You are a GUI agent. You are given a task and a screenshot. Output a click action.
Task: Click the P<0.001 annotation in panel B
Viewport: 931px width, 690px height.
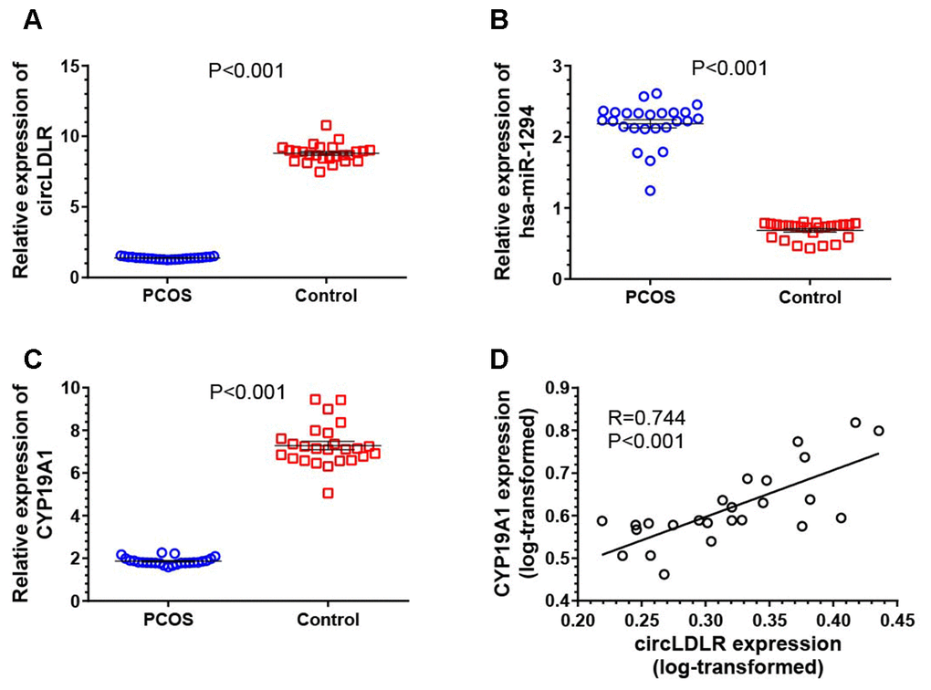click(x=729, y=68)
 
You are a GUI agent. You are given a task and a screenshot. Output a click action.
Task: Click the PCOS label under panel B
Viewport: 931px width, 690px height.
click(x=650, y=298)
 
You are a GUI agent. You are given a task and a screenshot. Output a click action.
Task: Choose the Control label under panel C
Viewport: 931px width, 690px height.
click(x=328, y=621)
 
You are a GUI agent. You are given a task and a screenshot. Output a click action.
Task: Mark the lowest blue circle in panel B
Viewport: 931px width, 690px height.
click(x=650, y=191)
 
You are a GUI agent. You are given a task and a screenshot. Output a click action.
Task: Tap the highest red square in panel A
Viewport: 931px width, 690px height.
click(x=326, y=125)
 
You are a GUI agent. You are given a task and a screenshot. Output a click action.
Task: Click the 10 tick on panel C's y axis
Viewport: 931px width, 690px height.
click(x=71, y=388)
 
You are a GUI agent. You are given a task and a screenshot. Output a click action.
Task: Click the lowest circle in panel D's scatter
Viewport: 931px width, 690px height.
click(x=664, y=574)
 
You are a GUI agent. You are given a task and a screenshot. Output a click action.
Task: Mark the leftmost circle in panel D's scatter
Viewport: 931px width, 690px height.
click(x=602, y=521)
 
